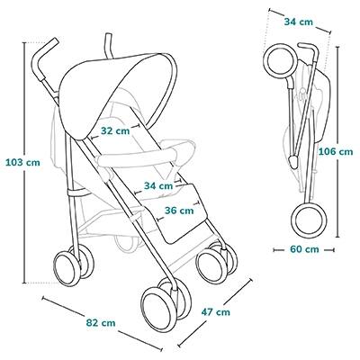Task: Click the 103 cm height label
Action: point(22,163)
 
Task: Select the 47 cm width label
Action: point(215,312)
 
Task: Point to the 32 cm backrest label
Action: point(115,130)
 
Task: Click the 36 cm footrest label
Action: point(179,211)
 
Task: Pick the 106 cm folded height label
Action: point(336,151)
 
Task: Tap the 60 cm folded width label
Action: point(304,249)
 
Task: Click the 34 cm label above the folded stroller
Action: point(298,22)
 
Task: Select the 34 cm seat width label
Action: point(158,186)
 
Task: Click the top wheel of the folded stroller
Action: point(280,59)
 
